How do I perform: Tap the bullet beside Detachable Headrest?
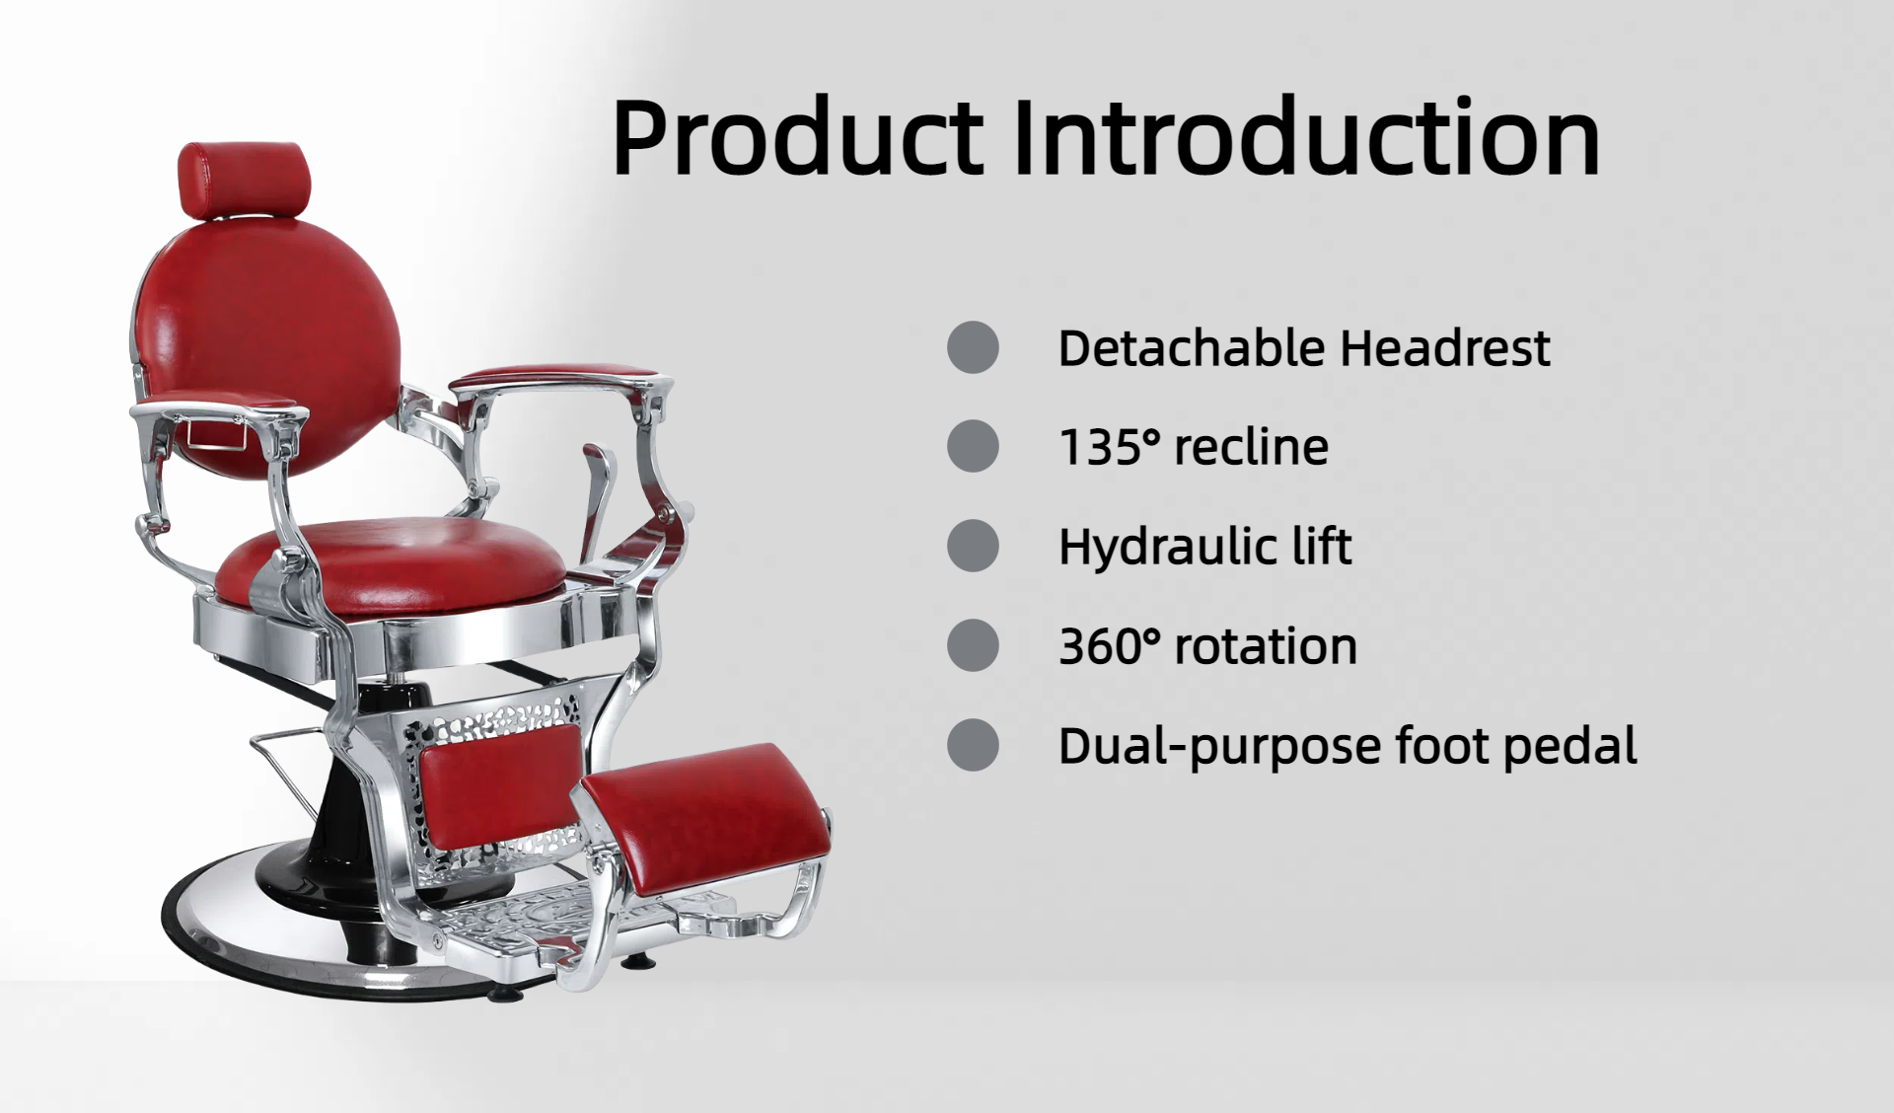(x=973, y=347)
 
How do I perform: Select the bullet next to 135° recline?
(x=973, y=446)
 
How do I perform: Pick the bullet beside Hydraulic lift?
(x=973, y=546)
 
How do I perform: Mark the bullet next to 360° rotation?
(x=973, y=645)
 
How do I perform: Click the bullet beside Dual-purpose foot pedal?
(x=973, y=744)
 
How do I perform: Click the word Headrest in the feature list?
(x=1445, y=348)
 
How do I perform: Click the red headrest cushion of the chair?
(x=244, y=180)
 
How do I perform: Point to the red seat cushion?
(x=390, y=566)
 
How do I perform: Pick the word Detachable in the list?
(x=1191, y=348)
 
